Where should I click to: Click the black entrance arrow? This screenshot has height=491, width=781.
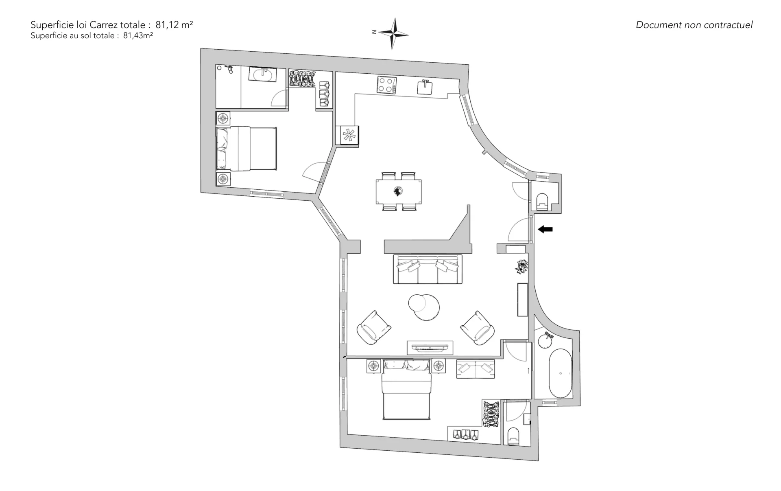(x=545, y=230)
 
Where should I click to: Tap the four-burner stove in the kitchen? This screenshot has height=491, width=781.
(x=386, y=85)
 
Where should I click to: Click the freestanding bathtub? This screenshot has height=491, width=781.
(x=561, y=373)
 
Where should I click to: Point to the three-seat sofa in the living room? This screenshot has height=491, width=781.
(x=428, y=269)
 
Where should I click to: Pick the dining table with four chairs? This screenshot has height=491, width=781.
(x=399, y=191)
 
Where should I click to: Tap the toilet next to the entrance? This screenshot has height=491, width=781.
(x=543, y=202)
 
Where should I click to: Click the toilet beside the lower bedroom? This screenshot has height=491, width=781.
(x=515, y=436)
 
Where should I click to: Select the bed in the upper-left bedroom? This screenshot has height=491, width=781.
(x=246, y=149)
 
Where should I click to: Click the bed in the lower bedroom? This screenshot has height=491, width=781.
(x=406, y=389)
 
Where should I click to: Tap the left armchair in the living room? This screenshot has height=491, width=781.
(x=373, y=328)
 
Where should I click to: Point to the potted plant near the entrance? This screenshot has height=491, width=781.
(x=521, y=267)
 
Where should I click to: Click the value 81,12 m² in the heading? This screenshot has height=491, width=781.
(x=174, y=25)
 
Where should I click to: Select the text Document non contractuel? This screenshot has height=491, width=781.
(x=694, y=25)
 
